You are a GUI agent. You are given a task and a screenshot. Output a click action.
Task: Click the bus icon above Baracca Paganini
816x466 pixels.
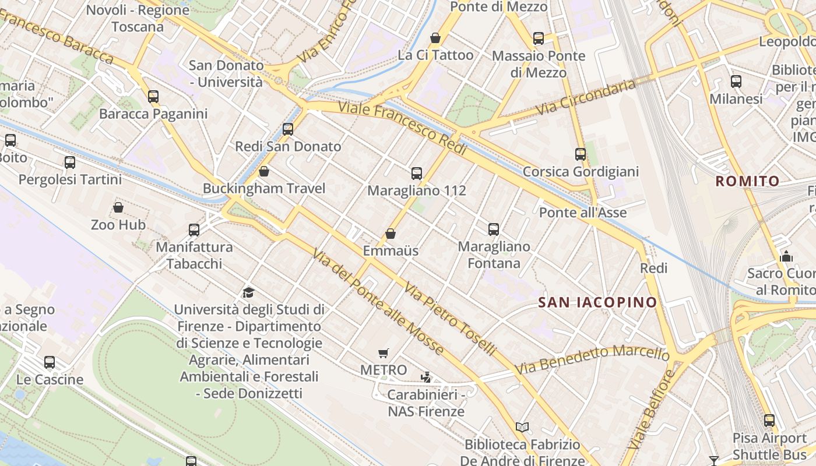coord(153,96)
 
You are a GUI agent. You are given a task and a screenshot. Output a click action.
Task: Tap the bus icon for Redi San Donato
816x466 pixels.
coord(288,129)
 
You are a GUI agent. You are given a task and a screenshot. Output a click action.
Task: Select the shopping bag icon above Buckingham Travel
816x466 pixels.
coord(264,171)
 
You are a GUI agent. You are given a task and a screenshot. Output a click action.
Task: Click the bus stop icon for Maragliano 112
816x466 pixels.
coord(417,173)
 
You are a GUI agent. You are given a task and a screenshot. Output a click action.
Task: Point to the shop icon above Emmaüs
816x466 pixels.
coord(391,234)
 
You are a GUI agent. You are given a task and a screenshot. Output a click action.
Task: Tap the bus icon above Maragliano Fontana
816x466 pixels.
coord(494,229)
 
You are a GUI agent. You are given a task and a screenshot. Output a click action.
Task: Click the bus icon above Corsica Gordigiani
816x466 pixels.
coord(581,154)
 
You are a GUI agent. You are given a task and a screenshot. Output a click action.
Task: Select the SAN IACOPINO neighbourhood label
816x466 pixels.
coord(597,302)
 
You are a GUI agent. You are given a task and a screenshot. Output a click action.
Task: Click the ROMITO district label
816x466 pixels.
coord(747,181)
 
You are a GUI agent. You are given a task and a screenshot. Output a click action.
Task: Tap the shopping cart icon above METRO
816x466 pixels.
coord(383,353)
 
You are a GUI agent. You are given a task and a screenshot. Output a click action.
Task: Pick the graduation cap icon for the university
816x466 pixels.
coord(249,292)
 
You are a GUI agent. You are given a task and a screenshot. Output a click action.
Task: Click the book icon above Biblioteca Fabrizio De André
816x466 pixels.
coord(522,428)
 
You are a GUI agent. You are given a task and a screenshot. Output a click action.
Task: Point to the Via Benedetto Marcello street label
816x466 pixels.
coord(592,360)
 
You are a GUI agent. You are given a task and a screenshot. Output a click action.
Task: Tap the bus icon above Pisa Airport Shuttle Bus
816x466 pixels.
coord(769,420)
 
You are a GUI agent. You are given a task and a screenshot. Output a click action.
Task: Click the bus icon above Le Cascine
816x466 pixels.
coord(50,362)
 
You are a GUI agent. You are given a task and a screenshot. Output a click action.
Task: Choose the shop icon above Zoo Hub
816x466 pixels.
coord(118,207)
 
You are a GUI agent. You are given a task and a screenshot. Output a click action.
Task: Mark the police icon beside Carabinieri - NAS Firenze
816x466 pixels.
coord(426,377)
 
